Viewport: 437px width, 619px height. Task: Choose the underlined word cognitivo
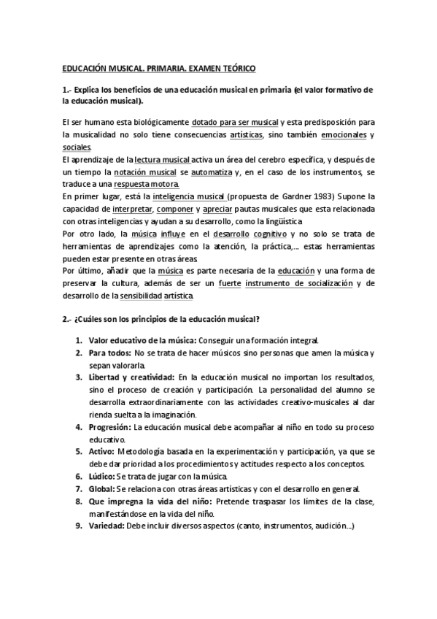click(271, 234)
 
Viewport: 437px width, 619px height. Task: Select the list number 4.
click(78, 426)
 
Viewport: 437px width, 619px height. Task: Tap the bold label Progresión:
click(112, 426)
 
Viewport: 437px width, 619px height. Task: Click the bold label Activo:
click(103, 450)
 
